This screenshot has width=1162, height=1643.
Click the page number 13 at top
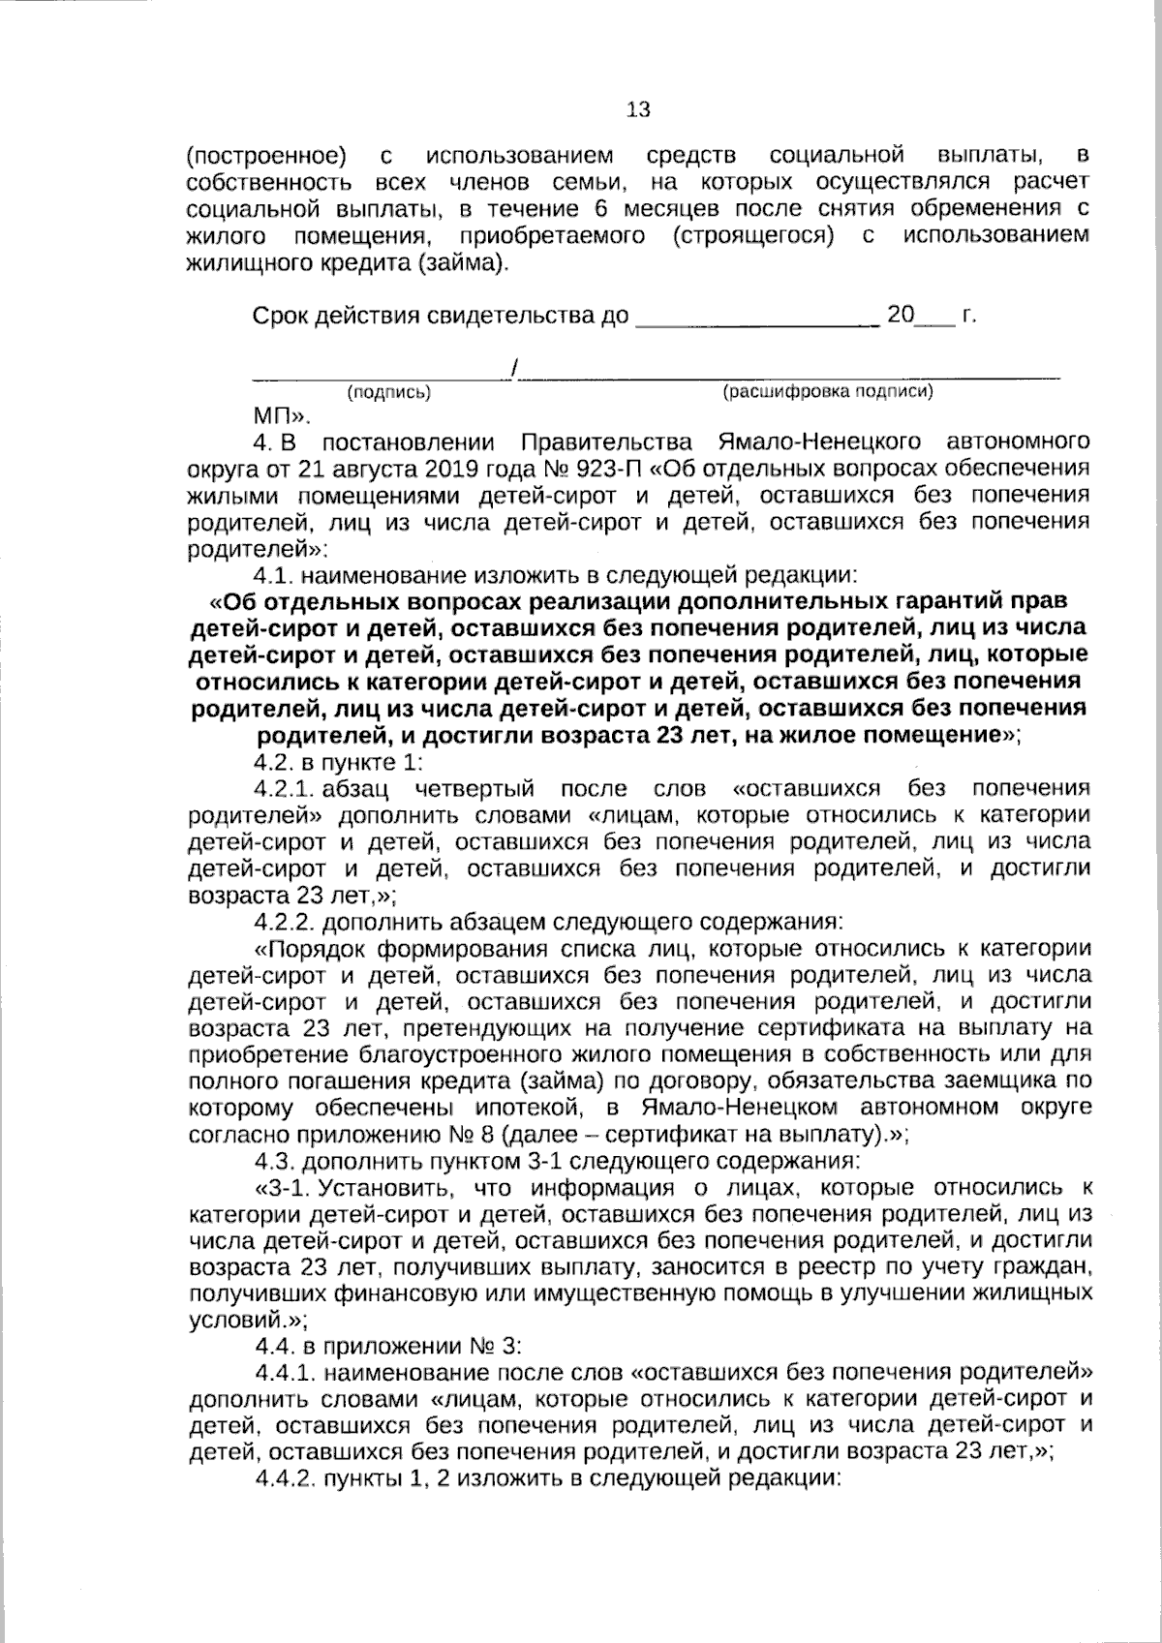[x=639, y=109]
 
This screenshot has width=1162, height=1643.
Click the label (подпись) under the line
[x=388, y=392]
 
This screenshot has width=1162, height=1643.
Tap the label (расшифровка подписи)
[x=828, y=391]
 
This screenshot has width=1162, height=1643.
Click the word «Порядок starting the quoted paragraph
[x=312, y=947]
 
